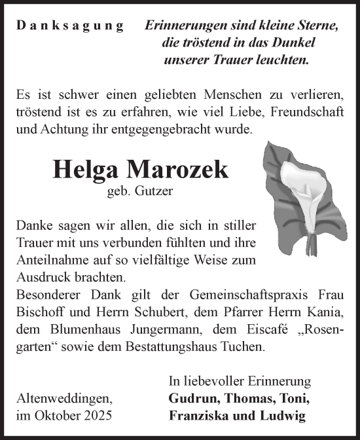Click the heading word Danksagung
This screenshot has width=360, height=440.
[x=70, y=27]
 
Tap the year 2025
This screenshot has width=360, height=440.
[x=97, y=416]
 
